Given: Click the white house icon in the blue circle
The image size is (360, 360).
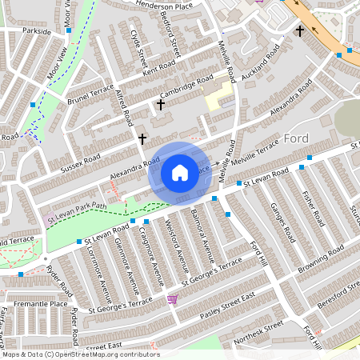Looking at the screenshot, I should pos(179,173).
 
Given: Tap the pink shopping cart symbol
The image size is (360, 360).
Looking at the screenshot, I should pos(172,299).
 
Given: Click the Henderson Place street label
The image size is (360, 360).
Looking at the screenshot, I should pos(166,5).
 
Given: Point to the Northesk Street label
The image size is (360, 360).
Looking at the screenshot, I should pos(258,329).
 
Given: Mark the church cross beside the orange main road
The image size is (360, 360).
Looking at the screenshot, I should pos(300,31).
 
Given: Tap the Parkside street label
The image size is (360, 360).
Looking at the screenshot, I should pos(36,32).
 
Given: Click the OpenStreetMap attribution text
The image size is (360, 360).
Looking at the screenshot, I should pos(80,354).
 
